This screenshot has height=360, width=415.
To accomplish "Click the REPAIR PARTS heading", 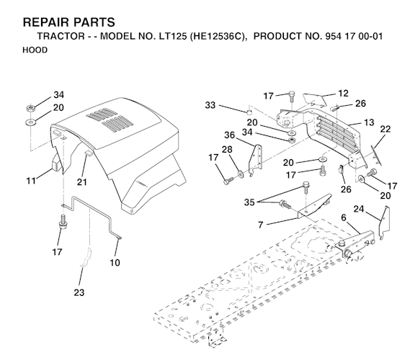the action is [69, 22].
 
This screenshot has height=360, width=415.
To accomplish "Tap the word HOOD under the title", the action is [35, 50].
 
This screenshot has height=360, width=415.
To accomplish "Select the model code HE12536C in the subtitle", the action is [217, 36].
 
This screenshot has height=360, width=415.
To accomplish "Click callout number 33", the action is [210, 105].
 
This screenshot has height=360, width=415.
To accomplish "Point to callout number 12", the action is [343, 94].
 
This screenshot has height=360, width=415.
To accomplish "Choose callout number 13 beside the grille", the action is [369, 122].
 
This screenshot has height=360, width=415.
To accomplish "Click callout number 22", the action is [385, 129].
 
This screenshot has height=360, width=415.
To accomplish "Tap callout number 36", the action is [229, 135].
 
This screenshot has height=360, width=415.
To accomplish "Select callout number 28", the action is [227, 150].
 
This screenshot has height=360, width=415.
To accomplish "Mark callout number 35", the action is [249, 202].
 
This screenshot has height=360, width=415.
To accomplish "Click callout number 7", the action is [261, 225].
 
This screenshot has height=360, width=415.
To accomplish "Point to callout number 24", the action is [359, 209].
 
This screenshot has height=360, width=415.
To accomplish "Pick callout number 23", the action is [79, 292].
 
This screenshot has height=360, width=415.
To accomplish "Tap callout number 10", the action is [115, 263].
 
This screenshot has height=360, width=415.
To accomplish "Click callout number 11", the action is [31, 181].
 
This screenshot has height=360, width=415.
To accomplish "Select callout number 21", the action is [82, 182].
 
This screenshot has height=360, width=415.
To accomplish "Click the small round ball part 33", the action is [249, 112].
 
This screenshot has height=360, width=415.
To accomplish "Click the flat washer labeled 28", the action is [241, 174].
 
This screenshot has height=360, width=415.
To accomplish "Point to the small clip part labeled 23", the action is [86, 258].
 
